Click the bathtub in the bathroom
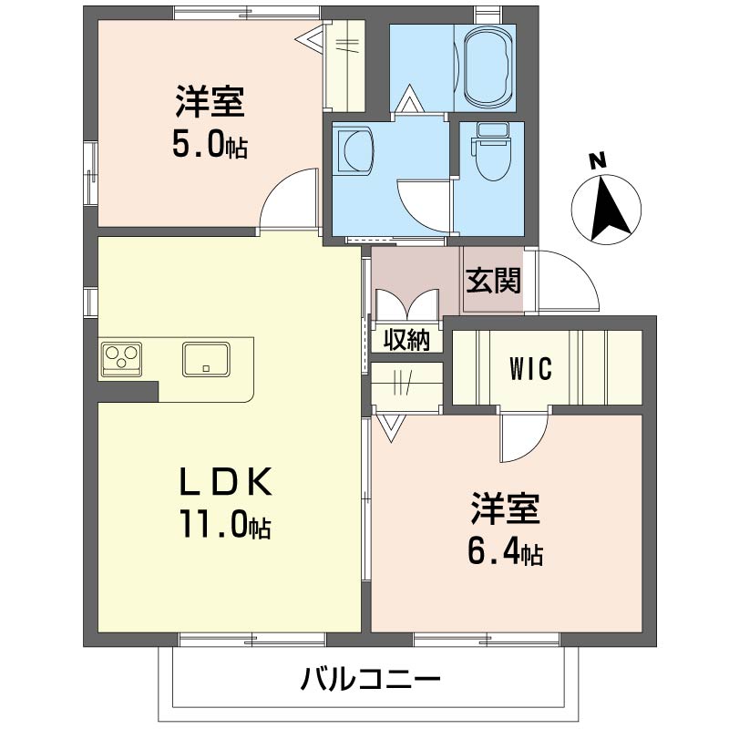tap(489, 68)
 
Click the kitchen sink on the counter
tap(209, 358)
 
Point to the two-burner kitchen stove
tap(123, 356)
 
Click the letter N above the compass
tap(597, 162)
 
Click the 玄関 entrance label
tap(494, 281)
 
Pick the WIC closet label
tap(530, 369)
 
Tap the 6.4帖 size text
tap(506, 552)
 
